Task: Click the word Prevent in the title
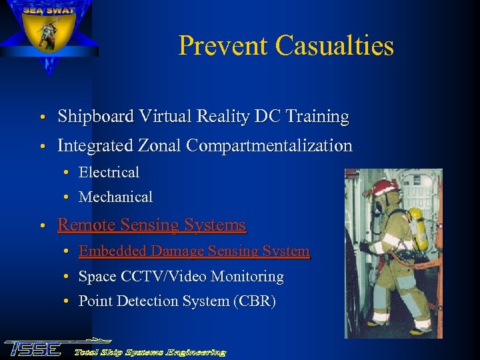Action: (x=224, y=46)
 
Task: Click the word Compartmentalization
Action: (x=271, y=145)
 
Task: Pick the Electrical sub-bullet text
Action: (x=109, y=172)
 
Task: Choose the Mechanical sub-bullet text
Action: (x=115, y=197)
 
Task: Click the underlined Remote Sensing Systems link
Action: (x=151, y=225)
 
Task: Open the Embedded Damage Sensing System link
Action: (x=193, y=251)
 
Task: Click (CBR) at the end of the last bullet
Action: (x=254, y=301)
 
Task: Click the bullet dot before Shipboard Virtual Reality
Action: (x=42, y=118)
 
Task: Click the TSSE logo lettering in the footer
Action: (x=33, y=349)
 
